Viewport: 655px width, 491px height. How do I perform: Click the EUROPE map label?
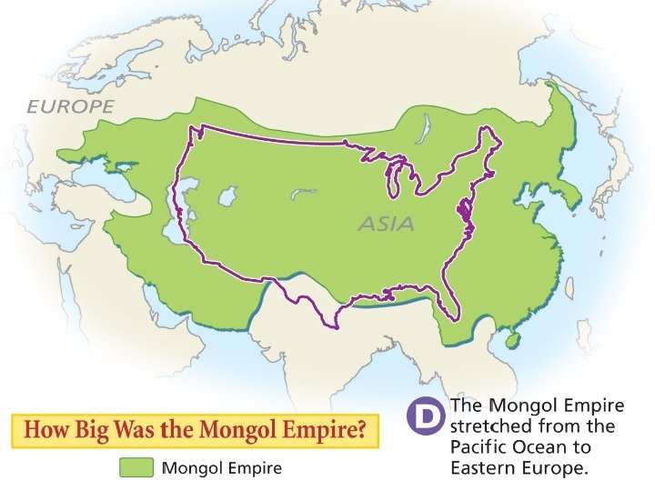pyautogui.click(x=70, y=106)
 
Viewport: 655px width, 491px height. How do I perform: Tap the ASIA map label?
pyautogui.click(x=386, y=223)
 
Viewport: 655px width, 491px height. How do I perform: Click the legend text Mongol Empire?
pyautogui.click(x=221, y=468)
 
